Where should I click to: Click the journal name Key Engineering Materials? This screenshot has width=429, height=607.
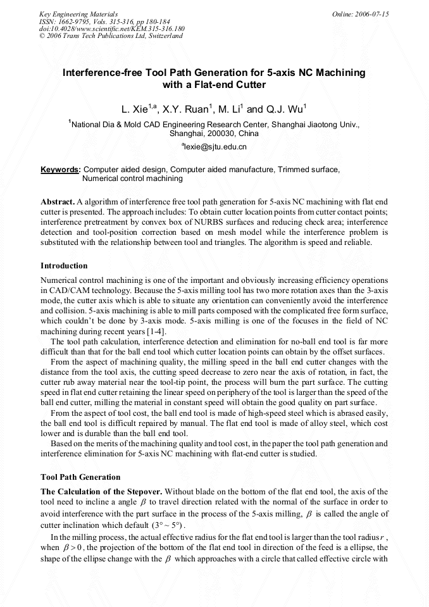tap(78, 14)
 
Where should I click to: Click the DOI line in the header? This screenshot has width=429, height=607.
tap(112, 29)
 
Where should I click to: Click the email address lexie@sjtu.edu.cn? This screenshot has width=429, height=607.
tap(214, 147)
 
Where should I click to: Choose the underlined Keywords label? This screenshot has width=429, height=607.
tap(60, 170)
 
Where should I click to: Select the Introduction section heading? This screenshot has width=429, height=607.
tap(64, 265)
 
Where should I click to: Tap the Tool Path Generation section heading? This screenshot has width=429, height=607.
tap(80, 477)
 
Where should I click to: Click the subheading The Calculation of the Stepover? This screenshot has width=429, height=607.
tap(101, 491)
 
